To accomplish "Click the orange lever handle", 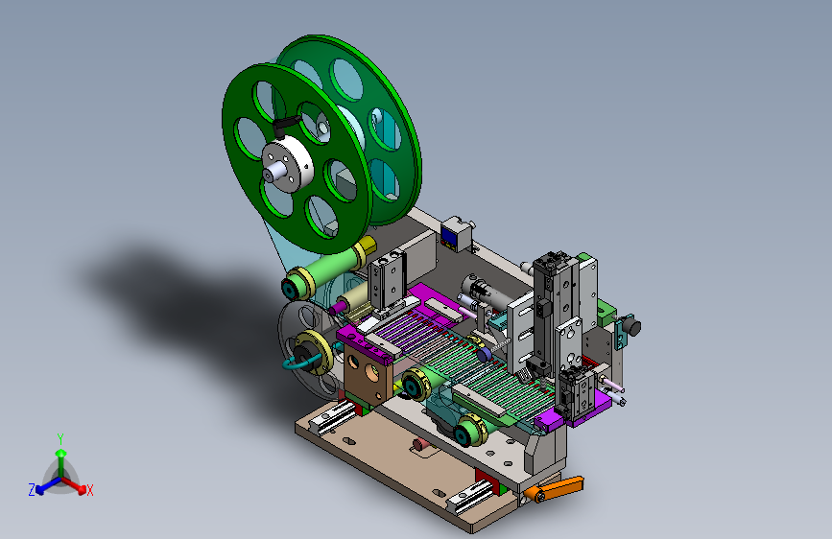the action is tap(556, 488).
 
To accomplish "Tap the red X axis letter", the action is tap(89, 490).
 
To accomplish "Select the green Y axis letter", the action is tap(60, 439).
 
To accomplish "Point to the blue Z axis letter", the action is tap(32, 490).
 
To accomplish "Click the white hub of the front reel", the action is tap(287, 163).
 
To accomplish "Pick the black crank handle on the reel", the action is tap(285, 126).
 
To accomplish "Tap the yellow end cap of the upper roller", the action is tap(368, 247).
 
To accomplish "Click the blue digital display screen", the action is tap(450, 239).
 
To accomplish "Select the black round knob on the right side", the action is tap(631, 326).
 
